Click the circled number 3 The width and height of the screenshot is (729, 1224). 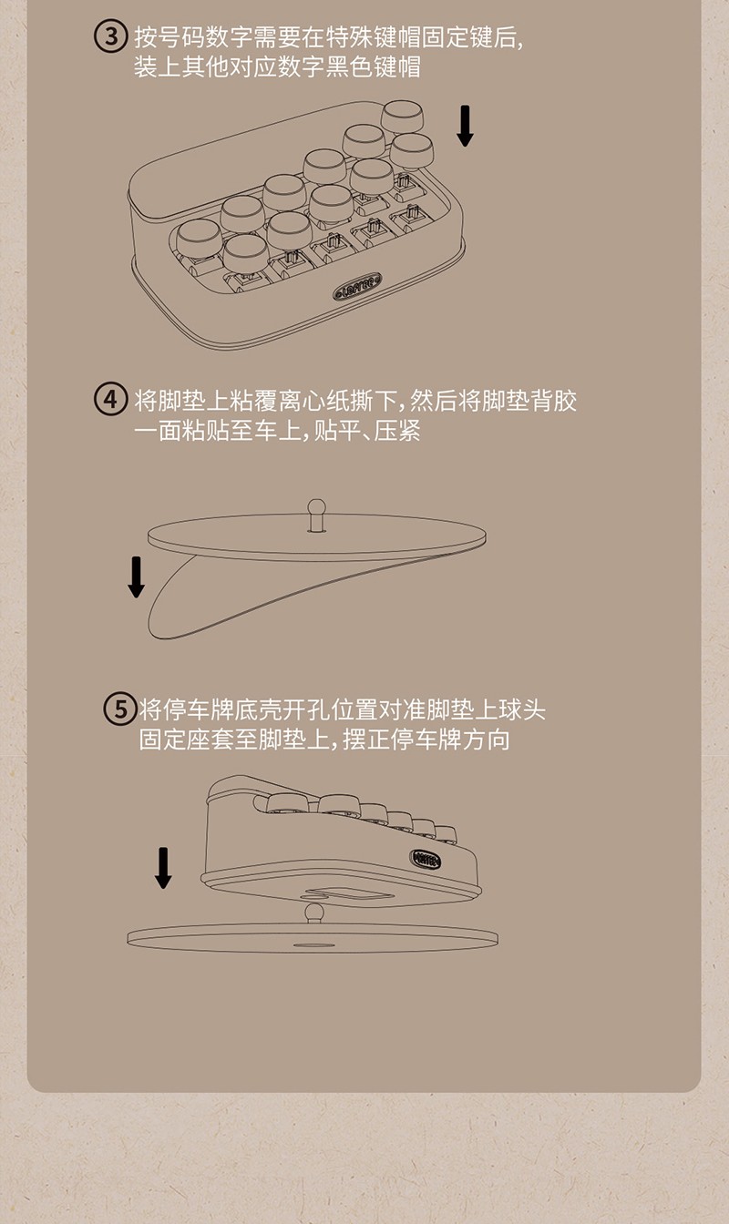coord(111,37)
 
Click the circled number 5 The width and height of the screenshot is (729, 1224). coord(119,709)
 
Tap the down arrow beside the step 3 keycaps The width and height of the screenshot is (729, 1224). coord(465,127)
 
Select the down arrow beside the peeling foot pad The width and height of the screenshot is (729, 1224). coord(136,577)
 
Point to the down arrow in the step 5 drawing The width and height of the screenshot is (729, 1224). coord(163,868)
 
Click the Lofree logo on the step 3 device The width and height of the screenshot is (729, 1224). coord(357,286)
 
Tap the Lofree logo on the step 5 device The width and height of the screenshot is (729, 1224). coord(426,860)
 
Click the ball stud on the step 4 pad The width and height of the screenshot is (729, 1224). coord(316,515)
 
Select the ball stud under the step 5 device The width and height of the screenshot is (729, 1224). coord(313,913)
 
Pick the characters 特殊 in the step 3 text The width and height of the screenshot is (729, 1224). coord(350,37)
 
